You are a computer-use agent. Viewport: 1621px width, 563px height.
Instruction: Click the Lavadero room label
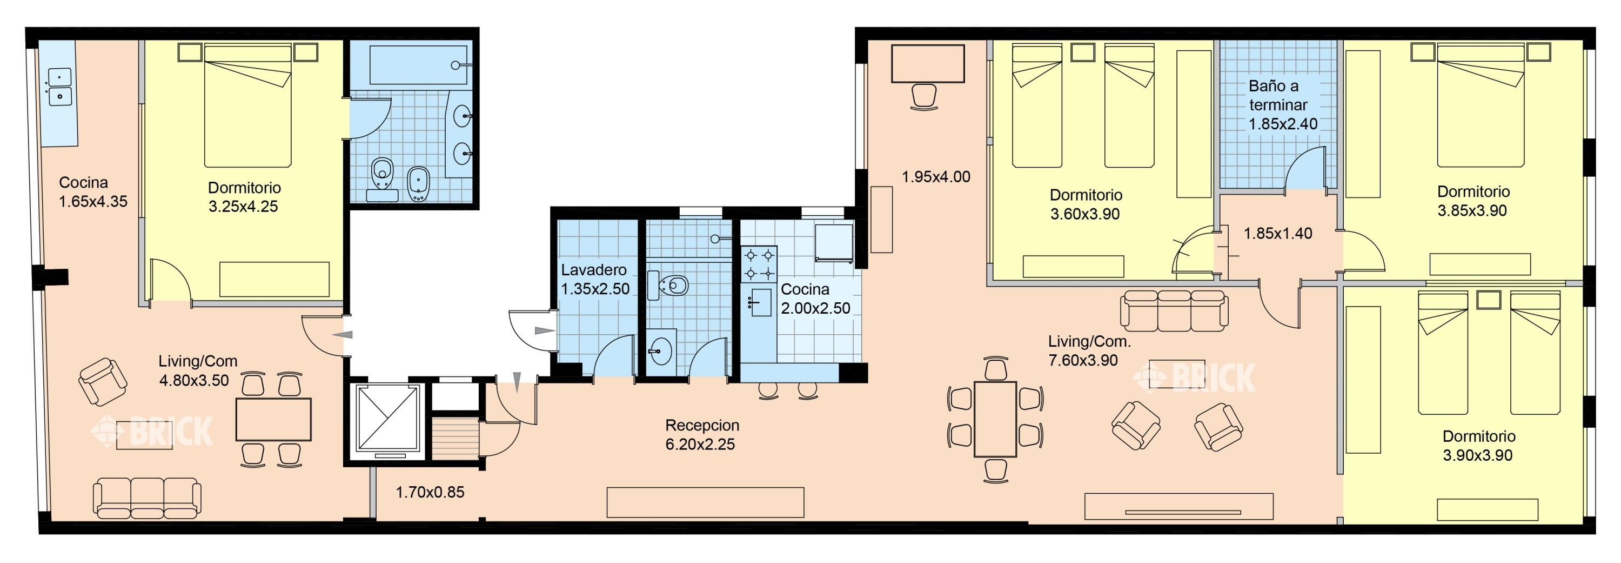click(x=593, y=270)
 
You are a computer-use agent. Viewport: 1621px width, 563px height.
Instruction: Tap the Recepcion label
click(x=702, y=425)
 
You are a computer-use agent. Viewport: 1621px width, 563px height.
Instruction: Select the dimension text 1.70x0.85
click(x=430, y=493)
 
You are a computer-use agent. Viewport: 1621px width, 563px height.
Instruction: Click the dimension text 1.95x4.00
click(x=936, y=177)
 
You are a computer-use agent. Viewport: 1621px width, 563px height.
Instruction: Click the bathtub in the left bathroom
click(x=418, y=65)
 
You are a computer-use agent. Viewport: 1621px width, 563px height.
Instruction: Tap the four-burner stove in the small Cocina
click(x=759, y=264)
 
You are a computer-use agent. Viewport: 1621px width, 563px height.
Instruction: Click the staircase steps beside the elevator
click(x=455, y=439)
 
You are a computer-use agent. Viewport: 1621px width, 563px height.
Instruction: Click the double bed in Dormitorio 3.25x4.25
click(x=248, y=104)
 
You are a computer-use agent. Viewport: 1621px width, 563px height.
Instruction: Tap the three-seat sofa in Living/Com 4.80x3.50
click(x=148, y=498)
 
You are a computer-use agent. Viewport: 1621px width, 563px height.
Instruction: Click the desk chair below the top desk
click(x=924, y=97)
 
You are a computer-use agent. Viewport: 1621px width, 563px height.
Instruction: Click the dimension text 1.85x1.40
click(x=1278, y=234)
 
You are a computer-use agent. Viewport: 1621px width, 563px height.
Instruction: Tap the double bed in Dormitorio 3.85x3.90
click(x=1480, y=104)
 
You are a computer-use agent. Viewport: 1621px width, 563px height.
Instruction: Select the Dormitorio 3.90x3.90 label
click(x=1478, y=446)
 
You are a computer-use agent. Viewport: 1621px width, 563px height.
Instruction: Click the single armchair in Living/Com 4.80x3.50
click(x=103, y=382)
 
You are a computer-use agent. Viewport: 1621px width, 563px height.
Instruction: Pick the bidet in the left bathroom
click(x=417, y=184)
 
